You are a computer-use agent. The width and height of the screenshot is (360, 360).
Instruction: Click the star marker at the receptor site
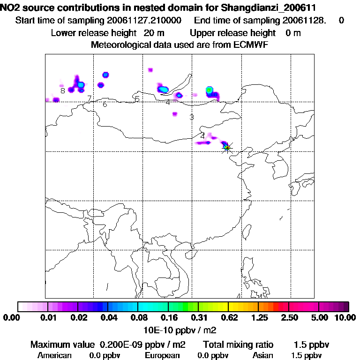[x=227, y=148]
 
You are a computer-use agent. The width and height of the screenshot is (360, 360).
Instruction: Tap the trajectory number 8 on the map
[x=62, y=90]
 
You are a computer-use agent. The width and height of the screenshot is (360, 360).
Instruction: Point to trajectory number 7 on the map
[x=89, y=98]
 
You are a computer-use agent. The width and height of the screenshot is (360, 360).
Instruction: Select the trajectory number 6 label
[x=105, y=105]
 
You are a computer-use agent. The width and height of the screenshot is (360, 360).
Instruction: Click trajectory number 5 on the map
[x=137, y=99]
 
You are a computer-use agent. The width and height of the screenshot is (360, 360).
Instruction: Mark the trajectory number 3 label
[x=191, y=117]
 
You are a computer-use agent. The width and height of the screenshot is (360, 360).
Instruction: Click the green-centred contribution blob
[x=209, y=90]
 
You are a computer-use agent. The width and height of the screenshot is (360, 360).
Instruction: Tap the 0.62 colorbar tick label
[x=228, y=318]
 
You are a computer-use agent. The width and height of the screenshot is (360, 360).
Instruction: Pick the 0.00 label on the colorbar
[x=10, y=318]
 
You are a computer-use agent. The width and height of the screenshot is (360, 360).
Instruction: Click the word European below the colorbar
[x=162, y=355]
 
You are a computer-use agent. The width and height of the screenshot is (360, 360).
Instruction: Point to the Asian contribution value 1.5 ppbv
[x=307, y=355]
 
